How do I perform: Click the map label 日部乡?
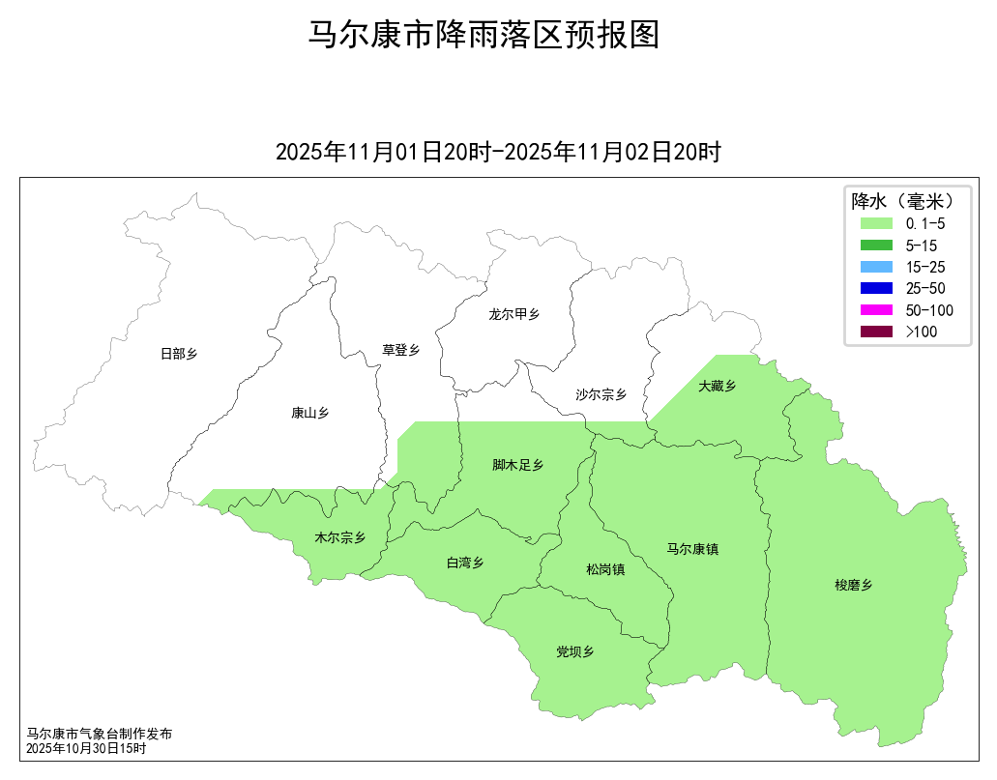(179, 354)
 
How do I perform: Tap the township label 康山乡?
(309, 413)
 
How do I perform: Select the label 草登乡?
(400, 350)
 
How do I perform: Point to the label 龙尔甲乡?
(513, 314)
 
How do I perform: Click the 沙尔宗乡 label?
(601, 394)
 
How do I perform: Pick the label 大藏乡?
(717, 386)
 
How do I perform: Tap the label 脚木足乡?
(517, 465)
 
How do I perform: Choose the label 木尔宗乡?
(340, 537)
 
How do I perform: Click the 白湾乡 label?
(464, 563)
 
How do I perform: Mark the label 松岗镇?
(605, 569)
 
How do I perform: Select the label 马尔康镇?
(692, 549)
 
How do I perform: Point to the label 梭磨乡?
(854, 585)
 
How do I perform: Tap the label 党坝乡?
(574, 651)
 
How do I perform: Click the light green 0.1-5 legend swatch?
(875, 223)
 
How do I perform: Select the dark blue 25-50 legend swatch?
(875, 288)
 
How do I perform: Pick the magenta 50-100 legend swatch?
(875, 310)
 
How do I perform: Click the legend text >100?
(922, 332)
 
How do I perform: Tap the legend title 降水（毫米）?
(903, 201)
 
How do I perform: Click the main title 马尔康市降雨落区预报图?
(484, 35)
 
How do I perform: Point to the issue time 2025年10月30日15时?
(86, 748)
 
